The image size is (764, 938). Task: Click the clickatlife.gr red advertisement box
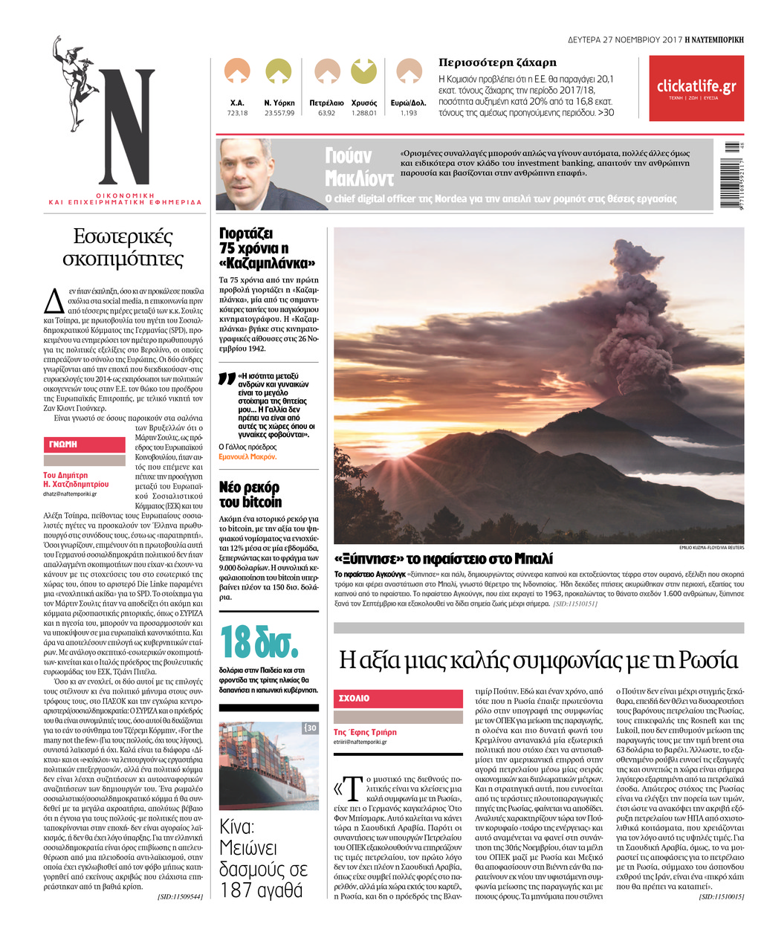click(x=696, y=88)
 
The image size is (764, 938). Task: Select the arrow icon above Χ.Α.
click(x=237, y=71)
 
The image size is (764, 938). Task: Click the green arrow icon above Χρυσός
click(x=363, y=71)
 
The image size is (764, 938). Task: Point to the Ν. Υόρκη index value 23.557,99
click(x=279, y=113)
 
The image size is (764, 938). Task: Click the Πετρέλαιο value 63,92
click(x=326, y=113)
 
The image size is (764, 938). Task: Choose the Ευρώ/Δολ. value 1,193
click(x=409, y=113)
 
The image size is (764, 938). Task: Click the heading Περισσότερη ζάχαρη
click(x=497, y=62)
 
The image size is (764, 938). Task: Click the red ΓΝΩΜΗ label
click(x=84, y=444)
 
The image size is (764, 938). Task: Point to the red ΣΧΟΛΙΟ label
click(x=398, y=699)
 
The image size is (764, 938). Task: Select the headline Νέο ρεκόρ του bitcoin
click(x=250, y=494)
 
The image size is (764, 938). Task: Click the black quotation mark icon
click(x=227, y=379)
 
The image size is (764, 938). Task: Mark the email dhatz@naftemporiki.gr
click(x=70, y=494)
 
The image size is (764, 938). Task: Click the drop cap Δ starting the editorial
click(x=54, y=300)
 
